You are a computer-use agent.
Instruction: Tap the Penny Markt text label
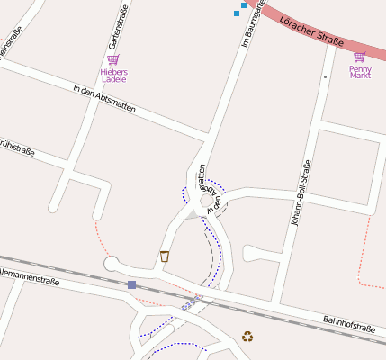360,72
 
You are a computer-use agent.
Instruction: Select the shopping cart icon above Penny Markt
359,57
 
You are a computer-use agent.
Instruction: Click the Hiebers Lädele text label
113,75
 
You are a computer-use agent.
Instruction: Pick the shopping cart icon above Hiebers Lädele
113,59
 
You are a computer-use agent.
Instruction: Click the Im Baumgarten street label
252,23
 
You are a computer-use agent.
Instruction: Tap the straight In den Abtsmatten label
104,98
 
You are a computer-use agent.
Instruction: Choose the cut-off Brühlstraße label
16,146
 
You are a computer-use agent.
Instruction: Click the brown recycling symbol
247,337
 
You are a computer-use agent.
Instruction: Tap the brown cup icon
165,256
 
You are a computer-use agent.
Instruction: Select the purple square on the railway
131,284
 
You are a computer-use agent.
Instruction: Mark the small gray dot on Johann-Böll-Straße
325,77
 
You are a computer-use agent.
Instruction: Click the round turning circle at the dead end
112,264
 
